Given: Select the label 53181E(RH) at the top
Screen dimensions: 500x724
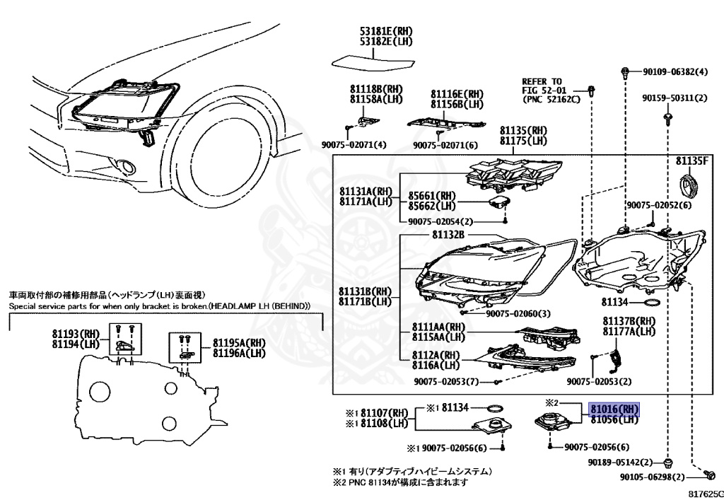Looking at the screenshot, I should pyautogui.click(x=385, y=31).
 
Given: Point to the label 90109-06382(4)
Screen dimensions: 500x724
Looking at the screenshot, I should pyautogui.click(x=675, y=72).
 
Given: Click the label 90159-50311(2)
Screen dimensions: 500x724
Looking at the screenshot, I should pyautogui.click(x=675, y=98).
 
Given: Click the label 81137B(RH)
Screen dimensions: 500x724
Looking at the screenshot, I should pyautogui.click(x=629, y=321).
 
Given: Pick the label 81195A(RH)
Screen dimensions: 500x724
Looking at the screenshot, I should pyautogui.click(x=238, y=343).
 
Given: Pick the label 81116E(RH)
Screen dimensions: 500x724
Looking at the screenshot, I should pyautogui.click(x=457, y=94).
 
